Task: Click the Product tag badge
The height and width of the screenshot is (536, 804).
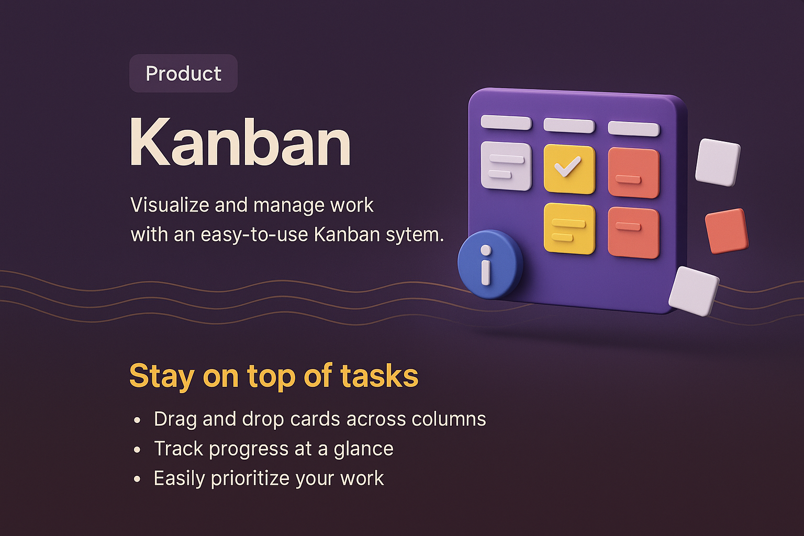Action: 183,73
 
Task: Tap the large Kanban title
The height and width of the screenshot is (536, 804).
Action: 240,142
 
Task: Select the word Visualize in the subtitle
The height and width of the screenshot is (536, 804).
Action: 170,205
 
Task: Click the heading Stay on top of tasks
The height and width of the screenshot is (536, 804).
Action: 273,376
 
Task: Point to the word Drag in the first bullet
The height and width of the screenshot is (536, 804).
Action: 175,419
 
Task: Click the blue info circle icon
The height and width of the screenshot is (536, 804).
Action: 489,264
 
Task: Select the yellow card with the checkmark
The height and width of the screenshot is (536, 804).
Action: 569,169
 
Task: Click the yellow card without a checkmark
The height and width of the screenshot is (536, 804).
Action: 569,228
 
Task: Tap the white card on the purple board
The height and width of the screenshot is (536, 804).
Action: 506,165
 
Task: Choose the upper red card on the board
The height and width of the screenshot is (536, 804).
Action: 633,173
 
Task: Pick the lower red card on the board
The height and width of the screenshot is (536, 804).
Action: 633,232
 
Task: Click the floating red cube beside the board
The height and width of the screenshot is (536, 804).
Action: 726,230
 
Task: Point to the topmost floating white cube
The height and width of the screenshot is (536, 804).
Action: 718,162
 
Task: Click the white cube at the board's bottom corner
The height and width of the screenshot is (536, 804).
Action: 694,291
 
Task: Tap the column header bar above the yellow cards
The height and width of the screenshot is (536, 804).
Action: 569,126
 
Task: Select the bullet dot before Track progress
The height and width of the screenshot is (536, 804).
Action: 137,450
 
